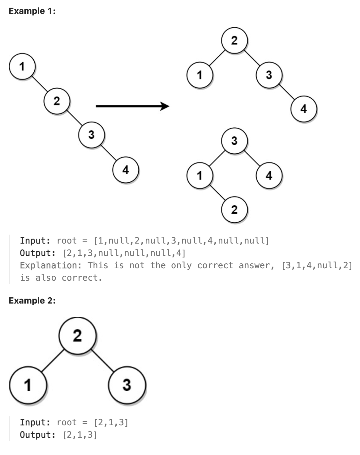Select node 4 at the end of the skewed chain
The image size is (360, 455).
click(x=126, y=170)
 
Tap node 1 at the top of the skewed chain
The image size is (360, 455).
click(x=22, y=66)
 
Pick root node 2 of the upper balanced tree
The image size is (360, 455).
click(x=234, y=40)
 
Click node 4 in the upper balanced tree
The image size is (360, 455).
click(x=304, y=109)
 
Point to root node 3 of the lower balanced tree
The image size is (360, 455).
click(x=234, y=141)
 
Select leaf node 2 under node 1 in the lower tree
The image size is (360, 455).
click(x=234, y=210)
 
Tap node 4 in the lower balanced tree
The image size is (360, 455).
click(x=269, y=175)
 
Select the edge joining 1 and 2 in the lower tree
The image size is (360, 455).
click(x=217, y=193)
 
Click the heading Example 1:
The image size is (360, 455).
click(x=32, y=11)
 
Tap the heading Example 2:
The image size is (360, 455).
click(x=32, y=300)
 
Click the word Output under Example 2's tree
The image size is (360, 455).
click(x=37, y=435)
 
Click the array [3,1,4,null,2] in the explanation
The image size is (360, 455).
click(x=317, y=266)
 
